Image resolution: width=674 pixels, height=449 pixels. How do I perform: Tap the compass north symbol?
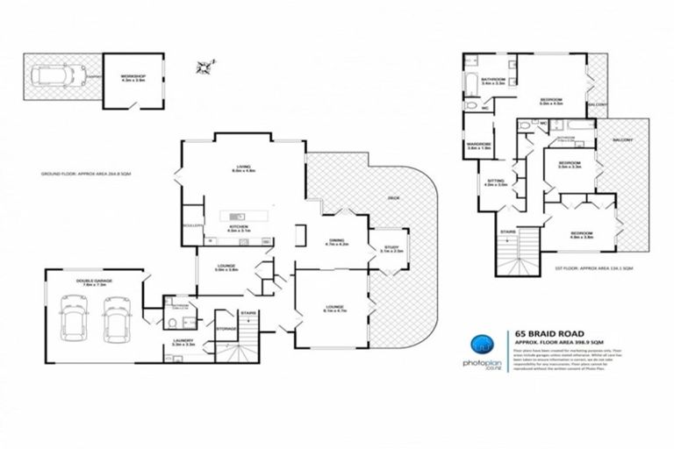(205, 66)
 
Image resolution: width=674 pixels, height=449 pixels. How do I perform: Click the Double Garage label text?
(93, 282)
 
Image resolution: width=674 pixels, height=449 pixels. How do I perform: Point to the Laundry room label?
(183, 343)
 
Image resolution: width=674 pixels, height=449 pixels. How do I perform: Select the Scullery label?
(194, 225)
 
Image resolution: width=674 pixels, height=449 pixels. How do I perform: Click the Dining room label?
(337, 242)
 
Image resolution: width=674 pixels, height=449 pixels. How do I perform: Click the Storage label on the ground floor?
(226, 330)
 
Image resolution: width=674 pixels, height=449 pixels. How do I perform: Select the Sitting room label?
(497, 182)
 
